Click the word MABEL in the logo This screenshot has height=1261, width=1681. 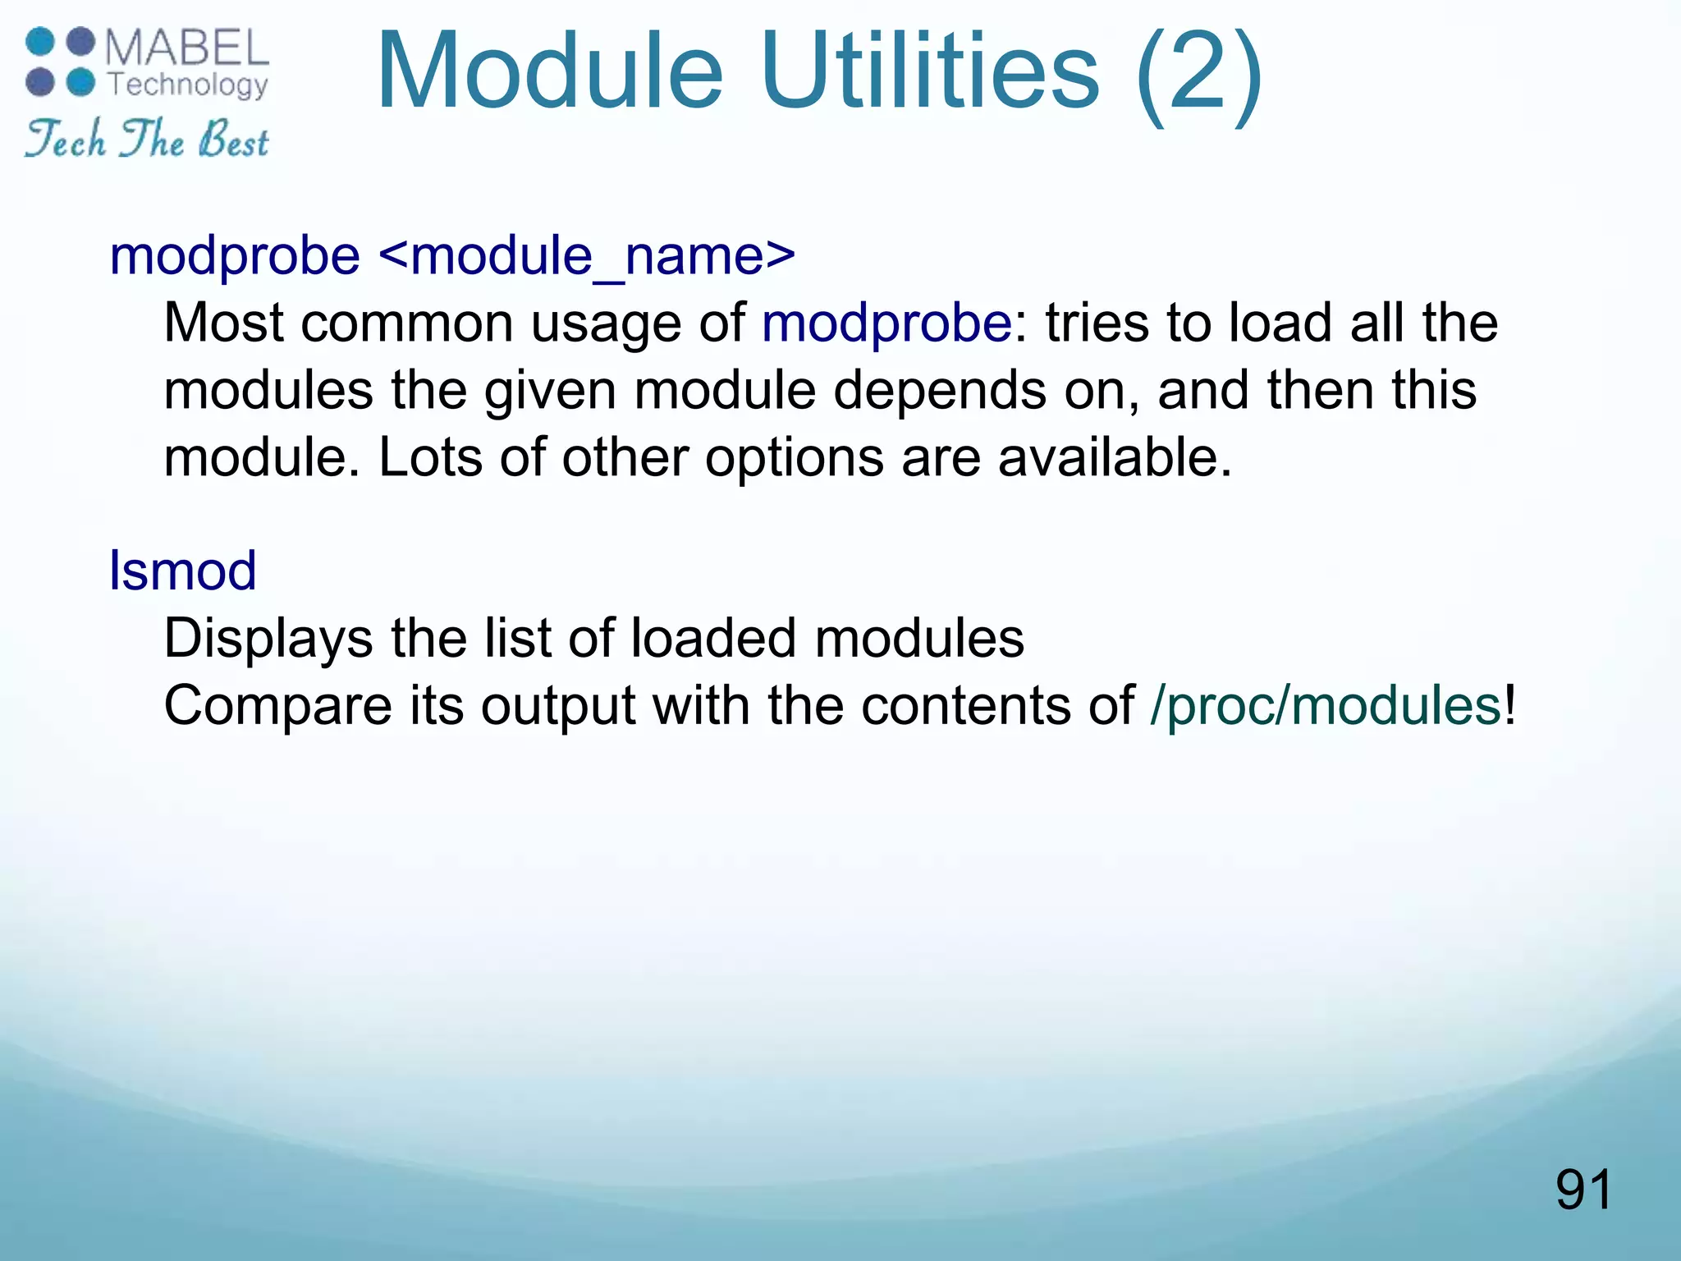click(x=187, y=48)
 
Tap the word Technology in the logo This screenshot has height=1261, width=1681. click(x=188, y=85)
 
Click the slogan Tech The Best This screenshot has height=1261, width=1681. click(x=146, y=140)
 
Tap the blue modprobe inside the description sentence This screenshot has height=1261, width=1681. click(x=886, y=323)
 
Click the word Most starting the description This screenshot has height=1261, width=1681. click(x=223, y=323)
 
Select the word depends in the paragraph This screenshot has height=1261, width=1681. click(x=940, y=391)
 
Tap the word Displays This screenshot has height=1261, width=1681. click(x=268, y=639)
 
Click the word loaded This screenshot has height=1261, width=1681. click(x=713, y=639)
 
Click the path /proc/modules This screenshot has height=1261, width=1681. click(x=1326, y=706)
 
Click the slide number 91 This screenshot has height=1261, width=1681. click(x=1583, y=1190)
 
